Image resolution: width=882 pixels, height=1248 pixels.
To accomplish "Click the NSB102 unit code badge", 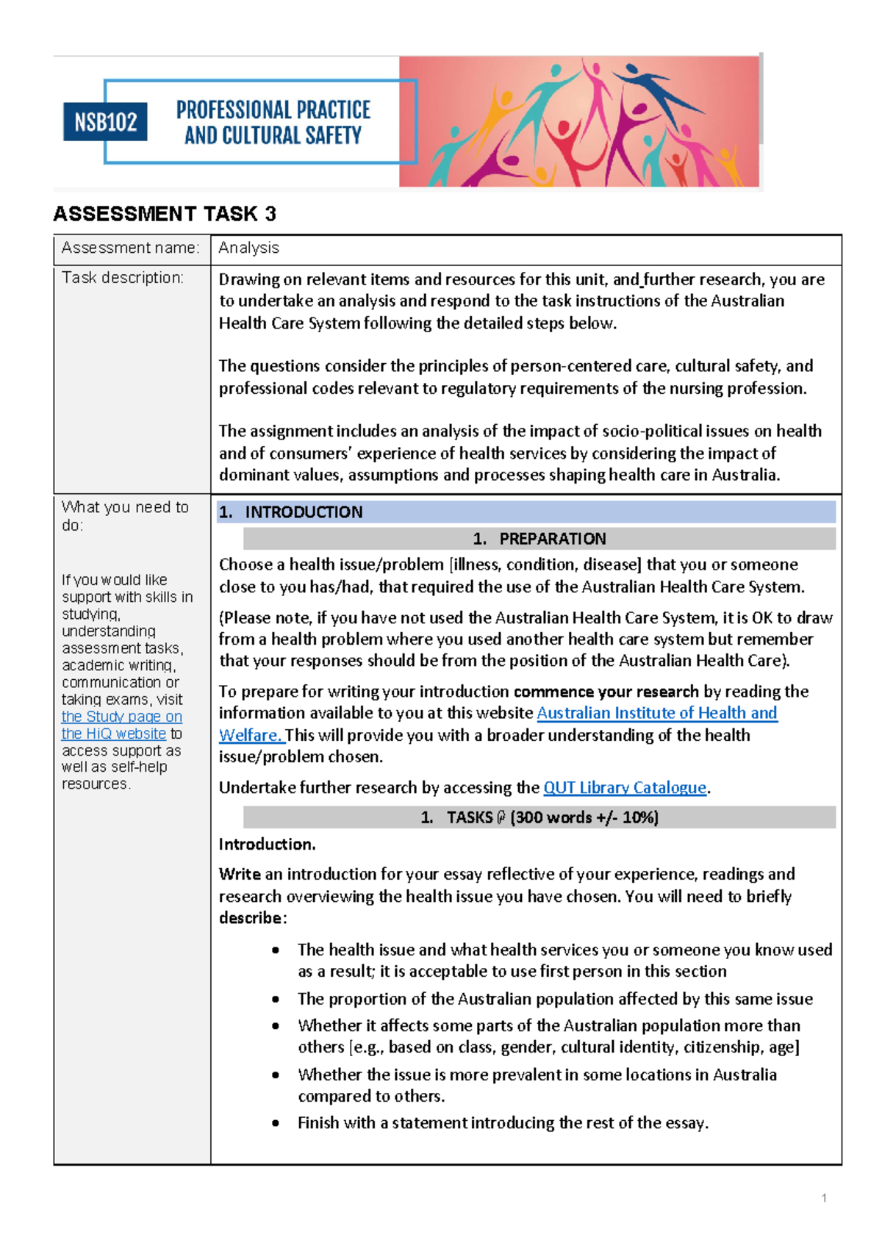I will (105, 122).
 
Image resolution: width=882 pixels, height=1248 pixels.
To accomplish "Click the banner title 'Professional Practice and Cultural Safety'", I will (273, 123).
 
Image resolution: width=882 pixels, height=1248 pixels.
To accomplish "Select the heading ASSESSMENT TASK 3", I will (165, 214).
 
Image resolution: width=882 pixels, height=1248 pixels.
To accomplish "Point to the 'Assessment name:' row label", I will (130, 248).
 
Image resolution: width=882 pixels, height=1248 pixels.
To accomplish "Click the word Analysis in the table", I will (248, 248).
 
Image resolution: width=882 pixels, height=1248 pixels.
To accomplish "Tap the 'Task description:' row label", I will (123, 278).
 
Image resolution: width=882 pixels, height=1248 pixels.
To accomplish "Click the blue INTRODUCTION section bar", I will (526, 512).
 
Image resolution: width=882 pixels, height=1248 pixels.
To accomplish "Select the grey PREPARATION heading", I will (539, 539).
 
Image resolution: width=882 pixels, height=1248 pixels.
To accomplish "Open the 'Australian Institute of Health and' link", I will (656, 713).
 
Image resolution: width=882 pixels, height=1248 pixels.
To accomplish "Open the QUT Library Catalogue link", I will (625, 788).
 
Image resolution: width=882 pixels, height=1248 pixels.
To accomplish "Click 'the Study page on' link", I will (121, 717).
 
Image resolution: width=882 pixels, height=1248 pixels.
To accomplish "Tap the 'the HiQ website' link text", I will (114, 734).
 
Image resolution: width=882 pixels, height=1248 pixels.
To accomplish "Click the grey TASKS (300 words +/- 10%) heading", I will (539, 817).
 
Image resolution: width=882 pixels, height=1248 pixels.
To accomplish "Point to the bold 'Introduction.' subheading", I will (267, 844).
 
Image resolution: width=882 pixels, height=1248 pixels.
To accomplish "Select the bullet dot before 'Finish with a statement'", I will (276, 1123).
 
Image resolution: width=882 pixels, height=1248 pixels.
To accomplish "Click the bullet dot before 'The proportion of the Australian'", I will (276, 1000).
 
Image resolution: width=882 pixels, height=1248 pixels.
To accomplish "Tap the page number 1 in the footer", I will (824, 1198).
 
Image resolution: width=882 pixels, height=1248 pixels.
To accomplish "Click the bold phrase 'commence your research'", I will (606, 692).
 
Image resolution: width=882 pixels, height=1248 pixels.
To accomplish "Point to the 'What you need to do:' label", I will (125, 516).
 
